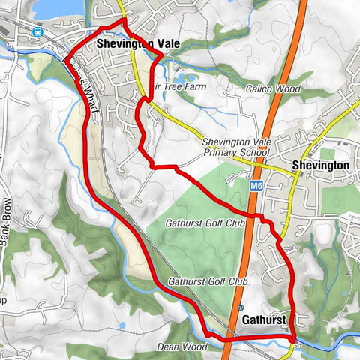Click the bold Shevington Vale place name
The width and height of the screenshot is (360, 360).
[139, 44]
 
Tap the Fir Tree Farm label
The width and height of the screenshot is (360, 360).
[179, 87]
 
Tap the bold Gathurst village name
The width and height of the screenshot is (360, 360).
[263, 320]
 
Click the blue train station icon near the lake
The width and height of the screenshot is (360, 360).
[37, 31]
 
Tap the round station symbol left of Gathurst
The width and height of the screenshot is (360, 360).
[240, 307]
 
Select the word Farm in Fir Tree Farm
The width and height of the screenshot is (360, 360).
[193, 87]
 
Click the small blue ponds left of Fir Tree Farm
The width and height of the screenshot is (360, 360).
[184, 76]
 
